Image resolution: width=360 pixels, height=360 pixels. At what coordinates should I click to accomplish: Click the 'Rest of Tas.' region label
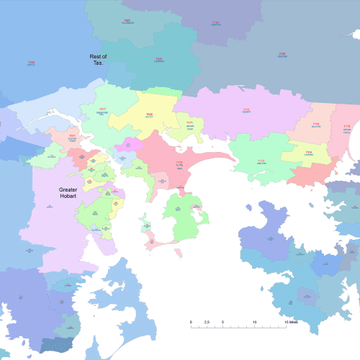pos(97,60)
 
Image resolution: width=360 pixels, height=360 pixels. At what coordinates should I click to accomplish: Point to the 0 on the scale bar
pos(191,321)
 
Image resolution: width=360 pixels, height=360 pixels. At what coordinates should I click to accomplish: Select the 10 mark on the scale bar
pos(254,321)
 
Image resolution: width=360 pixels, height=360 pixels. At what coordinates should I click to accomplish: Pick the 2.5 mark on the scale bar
pos(207,321)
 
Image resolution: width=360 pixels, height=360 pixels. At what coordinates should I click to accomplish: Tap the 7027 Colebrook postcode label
pos(127,21)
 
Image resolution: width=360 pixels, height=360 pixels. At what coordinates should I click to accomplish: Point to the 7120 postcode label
pos(215,23)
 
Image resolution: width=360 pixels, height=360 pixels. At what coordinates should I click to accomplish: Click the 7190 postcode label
pos(282,54)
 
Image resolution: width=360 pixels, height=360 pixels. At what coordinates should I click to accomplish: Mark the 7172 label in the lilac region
pos(246,111)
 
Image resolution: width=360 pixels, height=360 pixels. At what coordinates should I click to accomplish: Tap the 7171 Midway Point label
pos(189,125)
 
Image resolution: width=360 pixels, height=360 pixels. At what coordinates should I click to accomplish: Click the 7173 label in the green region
pos(261,162)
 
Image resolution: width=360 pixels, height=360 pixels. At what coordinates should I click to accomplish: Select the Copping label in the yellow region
pos(308,153)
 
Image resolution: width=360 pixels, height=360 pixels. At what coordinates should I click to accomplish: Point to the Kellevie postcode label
pos(316,125)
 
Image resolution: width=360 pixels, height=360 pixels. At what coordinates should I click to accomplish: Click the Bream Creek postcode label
pos(346,130)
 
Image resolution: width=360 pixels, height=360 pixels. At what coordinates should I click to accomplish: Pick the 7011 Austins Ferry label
pos(72,137)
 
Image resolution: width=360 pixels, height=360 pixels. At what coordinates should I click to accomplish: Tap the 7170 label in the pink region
pos(179,164)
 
